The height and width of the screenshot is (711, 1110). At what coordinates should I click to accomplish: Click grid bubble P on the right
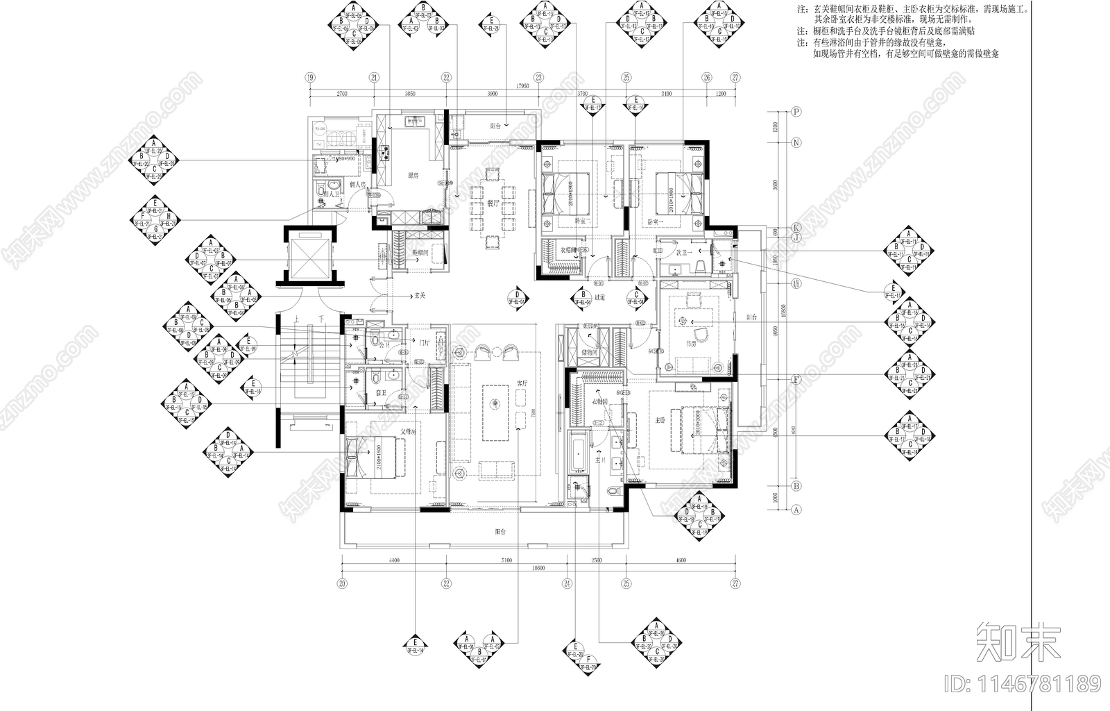(x=796, y=111)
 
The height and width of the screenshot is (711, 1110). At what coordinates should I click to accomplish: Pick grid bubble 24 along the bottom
(x=567, y=583)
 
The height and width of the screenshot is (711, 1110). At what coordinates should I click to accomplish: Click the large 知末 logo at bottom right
(x=1018, y=642)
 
